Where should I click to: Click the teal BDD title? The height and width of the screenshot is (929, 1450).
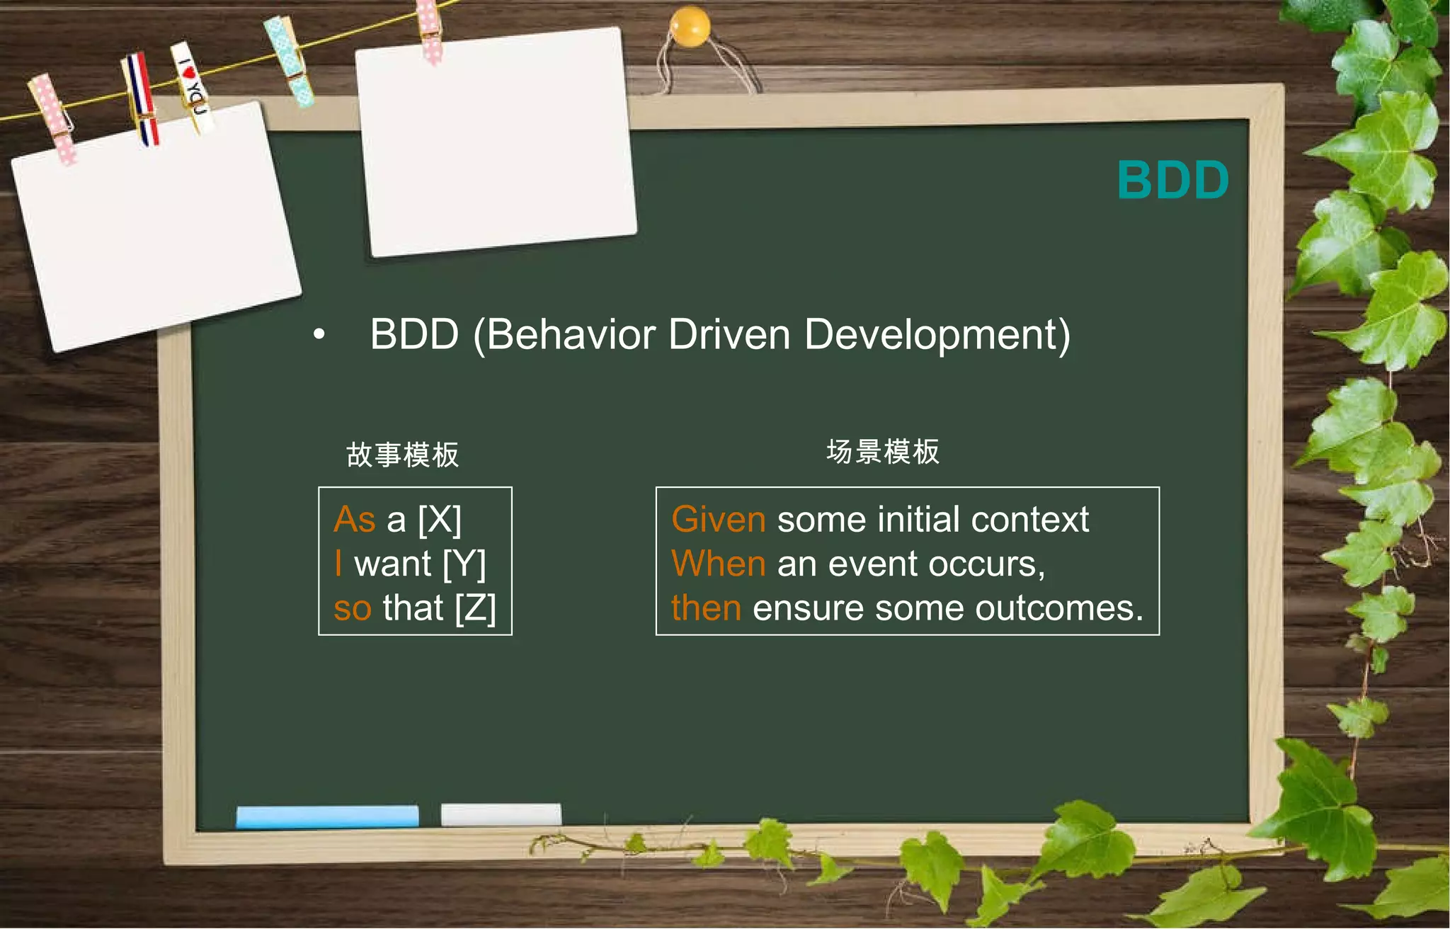[x=1172, y=180]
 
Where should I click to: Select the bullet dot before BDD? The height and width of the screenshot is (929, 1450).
[x=319, y=334]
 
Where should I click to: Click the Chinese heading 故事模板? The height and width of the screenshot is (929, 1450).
[x=402, y=455]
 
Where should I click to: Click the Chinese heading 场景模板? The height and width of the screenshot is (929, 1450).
[x=883, y=452]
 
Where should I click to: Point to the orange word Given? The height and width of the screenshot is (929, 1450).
[x=718, y=520]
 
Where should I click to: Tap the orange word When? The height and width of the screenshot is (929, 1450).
[x=718, y=564]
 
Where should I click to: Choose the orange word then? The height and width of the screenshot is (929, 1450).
[x=706, y=608]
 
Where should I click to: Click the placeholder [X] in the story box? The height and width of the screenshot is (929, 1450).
[x=440, y=520]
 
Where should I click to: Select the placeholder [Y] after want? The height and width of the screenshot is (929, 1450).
[x=464, y=564]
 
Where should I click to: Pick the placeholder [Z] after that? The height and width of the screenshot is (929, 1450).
[x=475, y=608]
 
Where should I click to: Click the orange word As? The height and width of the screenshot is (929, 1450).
[x=354, y=520]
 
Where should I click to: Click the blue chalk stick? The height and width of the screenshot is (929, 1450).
[x=327, y=816]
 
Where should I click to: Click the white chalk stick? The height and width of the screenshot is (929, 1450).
[x=501, y=814]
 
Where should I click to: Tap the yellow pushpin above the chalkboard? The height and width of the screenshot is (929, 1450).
[x=689, y=26]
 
